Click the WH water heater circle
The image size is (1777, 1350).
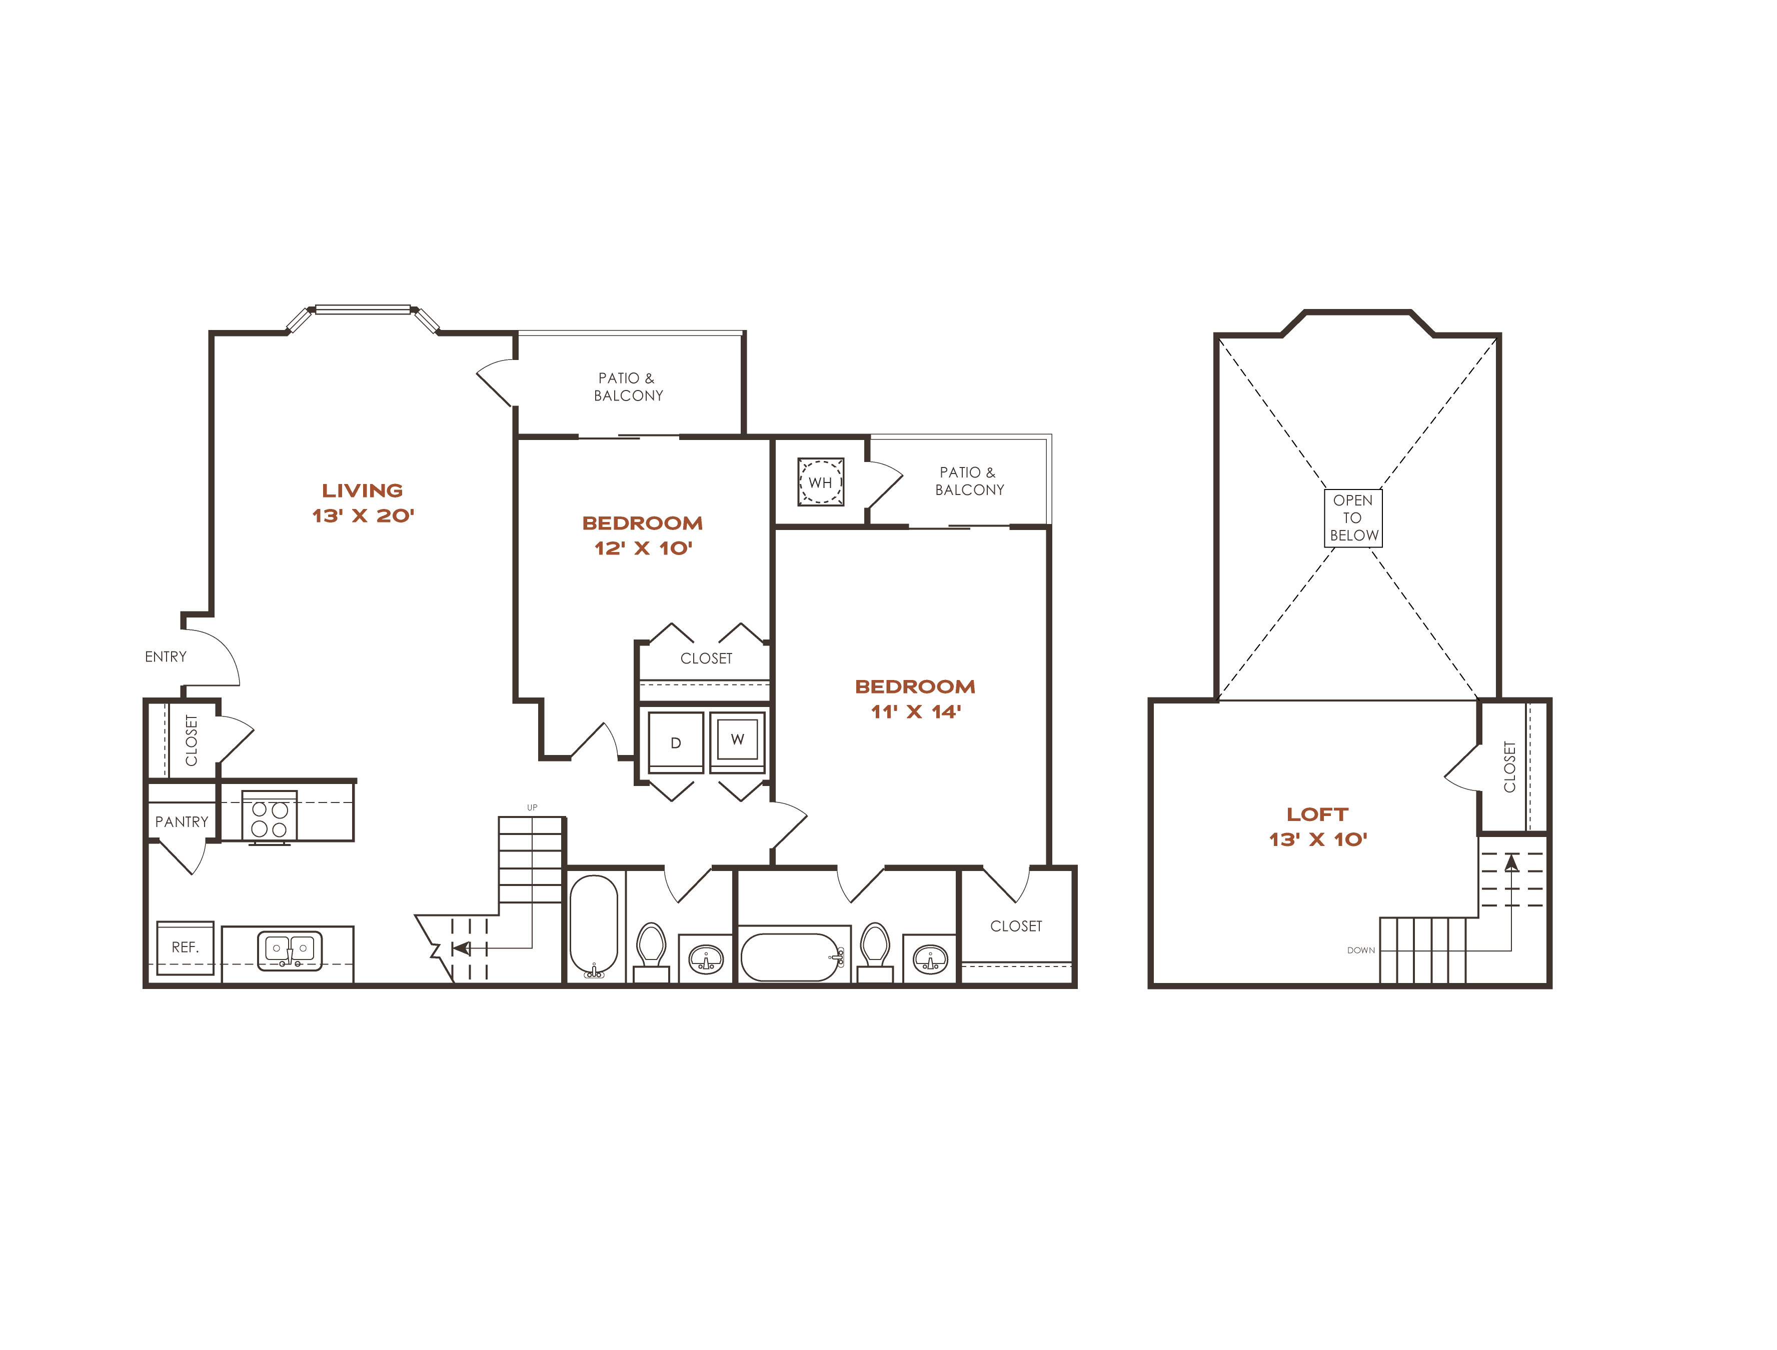click(x=820, y=482)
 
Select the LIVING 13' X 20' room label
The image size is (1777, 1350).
click(x=363, y=503)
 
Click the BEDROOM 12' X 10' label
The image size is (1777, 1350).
click(x=642, y=535)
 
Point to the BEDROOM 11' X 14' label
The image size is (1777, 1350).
click(x=915, y=699)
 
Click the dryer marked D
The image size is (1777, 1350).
click(x=676, y=742)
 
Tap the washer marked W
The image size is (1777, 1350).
click(x=737, y=740)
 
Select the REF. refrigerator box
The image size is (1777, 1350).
click(x=185, y=947)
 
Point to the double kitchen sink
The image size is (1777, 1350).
click(x=290, y=950)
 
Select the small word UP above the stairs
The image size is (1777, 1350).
click(x=532, y=807)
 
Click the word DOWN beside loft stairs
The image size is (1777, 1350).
click(x=1361, y=950)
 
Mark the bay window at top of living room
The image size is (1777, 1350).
click(x=363, y=309)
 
